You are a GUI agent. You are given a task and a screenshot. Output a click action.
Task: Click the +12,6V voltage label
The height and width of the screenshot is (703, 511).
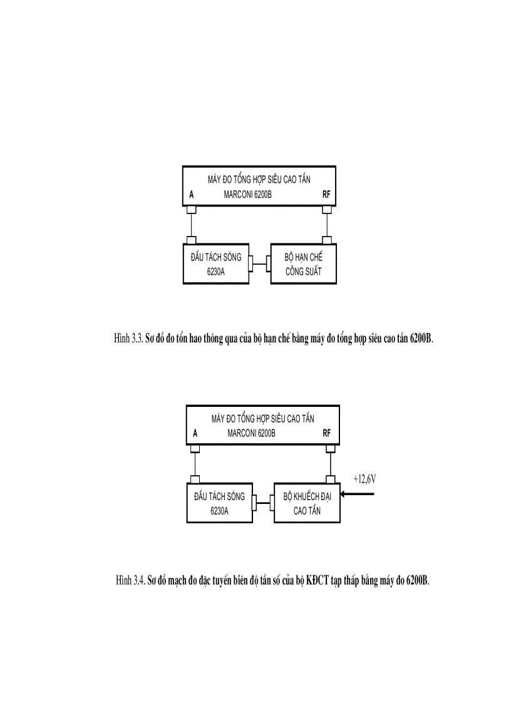coord(364,480)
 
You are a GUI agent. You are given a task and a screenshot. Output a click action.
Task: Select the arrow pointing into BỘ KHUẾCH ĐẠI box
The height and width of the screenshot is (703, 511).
coord(357,494)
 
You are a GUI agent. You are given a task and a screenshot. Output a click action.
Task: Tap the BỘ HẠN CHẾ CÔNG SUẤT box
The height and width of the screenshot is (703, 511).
coord(304,264)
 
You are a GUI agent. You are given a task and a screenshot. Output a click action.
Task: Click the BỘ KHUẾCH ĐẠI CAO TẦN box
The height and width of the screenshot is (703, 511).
coord(307,503)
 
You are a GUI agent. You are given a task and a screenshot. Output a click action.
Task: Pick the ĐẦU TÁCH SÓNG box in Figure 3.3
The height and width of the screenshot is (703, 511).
coord(216,264)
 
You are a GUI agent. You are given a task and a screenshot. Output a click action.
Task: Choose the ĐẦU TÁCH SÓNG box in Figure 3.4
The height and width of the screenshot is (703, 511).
coord(220,503)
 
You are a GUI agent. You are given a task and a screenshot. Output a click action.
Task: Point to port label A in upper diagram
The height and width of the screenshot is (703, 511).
coord(192,195)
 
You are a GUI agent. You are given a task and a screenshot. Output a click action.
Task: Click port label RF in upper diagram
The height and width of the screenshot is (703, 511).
coord(326,195)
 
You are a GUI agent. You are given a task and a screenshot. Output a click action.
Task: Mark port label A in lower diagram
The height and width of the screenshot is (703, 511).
coord(195,434)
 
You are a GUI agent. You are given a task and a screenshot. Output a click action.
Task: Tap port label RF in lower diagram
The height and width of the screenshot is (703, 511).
coord(327,434)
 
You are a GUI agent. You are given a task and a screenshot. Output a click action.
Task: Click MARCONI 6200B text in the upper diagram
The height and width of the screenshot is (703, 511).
coord(247,195)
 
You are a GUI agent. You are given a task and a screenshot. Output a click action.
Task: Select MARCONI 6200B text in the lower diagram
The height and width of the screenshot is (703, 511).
coord(251,434)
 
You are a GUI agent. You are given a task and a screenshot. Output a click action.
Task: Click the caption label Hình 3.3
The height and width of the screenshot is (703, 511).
coord(129,338)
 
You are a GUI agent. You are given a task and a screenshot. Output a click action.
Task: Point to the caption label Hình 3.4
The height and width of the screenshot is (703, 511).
coord(130,580)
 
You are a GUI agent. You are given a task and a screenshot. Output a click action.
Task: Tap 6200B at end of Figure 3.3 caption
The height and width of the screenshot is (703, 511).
coord(421,338)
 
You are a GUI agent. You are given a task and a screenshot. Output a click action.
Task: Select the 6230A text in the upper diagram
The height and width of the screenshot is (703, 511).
coord(216,272)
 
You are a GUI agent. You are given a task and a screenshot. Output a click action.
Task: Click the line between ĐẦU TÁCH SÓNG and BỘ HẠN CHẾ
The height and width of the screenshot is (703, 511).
coord(260,264)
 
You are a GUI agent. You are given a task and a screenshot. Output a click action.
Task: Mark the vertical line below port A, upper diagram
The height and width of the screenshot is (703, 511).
coord(192,225)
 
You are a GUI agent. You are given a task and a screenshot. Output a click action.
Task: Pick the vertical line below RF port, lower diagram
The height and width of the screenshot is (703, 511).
coord(331,464)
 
